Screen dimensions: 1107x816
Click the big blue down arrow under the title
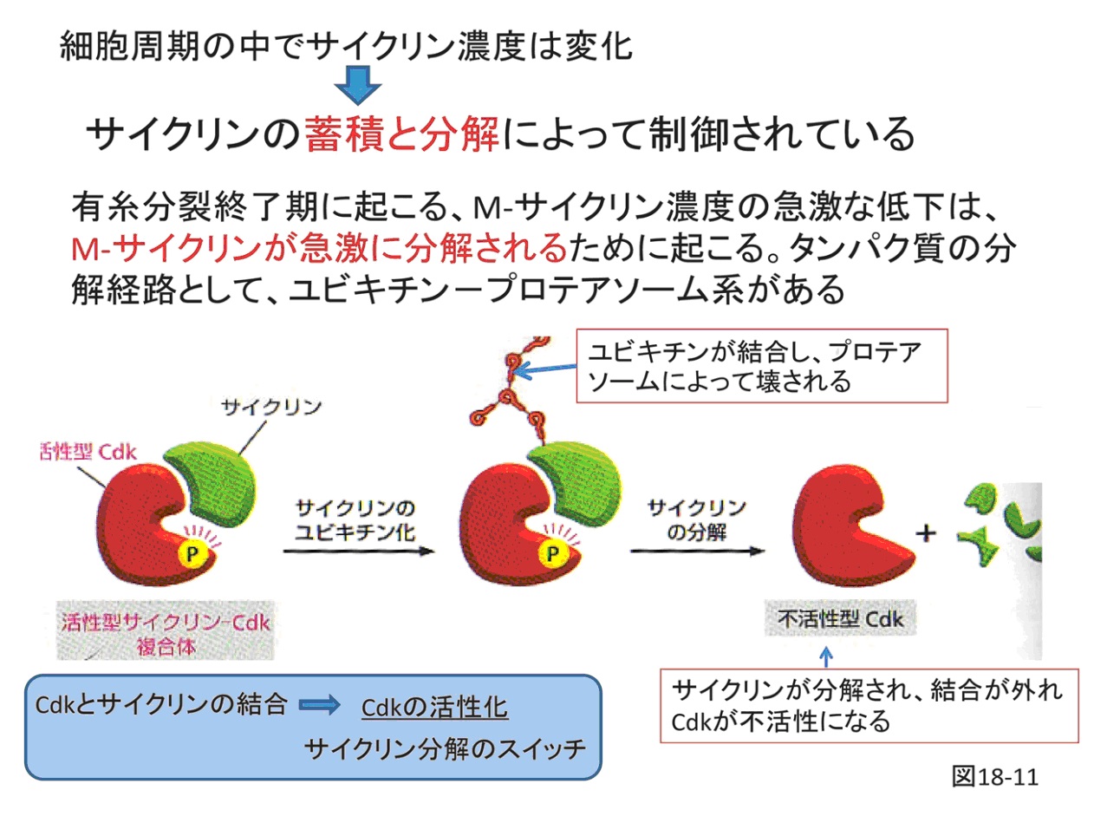tap(358, 85)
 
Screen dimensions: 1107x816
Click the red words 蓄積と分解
tap(401, 134)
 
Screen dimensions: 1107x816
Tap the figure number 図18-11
tap(995, 776)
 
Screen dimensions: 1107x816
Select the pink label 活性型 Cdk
tap(88, 452)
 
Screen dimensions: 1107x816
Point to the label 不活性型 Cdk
tap(840, 618)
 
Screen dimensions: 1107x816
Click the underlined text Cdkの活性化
tap(434, 708)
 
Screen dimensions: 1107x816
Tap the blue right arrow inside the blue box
tap(320, 705)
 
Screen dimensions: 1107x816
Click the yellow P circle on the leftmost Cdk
tap(192, 553)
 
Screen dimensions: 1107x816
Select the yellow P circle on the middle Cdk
tap(553, 553)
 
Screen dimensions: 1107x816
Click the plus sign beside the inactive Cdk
tap(926, 533)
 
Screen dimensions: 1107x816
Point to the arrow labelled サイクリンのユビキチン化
tap(359, 552)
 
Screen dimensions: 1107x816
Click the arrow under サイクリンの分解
tap(698, 552)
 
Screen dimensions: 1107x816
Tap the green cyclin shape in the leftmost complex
tap(212, 483)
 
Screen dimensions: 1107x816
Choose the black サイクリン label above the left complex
tap(271, 408)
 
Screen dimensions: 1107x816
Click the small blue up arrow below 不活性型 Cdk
tap(826, 656)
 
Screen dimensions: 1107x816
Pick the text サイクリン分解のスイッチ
tap(445, 749)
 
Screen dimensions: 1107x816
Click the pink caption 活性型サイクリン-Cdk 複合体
tap(166, 634)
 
